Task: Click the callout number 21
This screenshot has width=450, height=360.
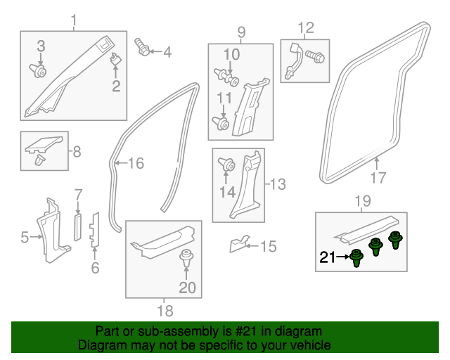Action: click(x=328, y=257)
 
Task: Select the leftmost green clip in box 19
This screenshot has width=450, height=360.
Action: click(x=357, y=258)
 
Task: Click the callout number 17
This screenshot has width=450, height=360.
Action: click(x=378, y=177)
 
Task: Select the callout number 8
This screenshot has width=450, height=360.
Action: click(x=77, y=150)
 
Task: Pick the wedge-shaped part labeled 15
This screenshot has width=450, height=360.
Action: click(x=238, y=245)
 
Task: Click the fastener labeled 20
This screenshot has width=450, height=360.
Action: click(x=186, y=257)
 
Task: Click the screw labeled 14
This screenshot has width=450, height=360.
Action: click(x=229, y=165)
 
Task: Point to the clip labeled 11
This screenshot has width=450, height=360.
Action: click(x=224, y=124)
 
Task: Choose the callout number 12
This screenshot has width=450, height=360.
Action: click(x=305, y=28)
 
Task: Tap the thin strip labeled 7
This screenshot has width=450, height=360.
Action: click(x=79, y=224)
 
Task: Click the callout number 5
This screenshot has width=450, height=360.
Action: click(x=25, y=238)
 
